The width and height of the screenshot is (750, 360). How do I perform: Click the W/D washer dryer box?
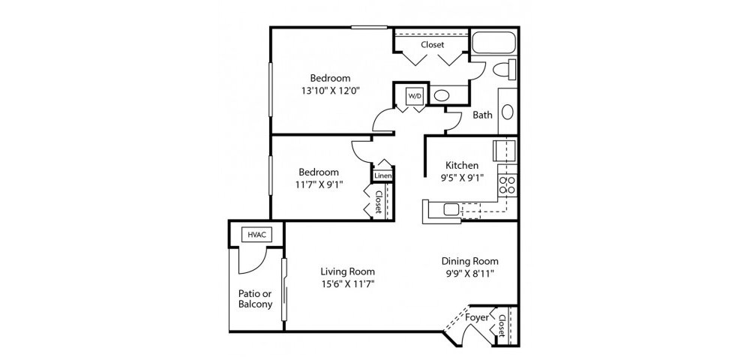pyautogui.click(x=414, y=96)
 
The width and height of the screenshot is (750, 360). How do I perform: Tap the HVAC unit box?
pyautogui.click(x=256, y=235)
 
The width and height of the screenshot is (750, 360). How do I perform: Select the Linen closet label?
pyautogui.click(x=383, y=176)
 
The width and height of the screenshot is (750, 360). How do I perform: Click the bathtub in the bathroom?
pyautogui.click(x=494, y=43)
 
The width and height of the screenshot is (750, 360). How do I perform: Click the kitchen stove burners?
pyautogui.click(x=506, y=185)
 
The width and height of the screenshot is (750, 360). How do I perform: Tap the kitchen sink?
pyautogui.click(x=451, y=209)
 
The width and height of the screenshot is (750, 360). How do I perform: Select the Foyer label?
pyautogui.click(x=477, y=317)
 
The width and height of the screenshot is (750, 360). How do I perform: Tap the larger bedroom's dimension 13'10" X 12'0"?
pyautogui.click(x=330, y=90)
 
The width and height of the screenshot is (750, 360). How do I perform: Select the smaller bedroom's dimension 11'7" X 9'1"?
pyautogui.click(x=319, y=184)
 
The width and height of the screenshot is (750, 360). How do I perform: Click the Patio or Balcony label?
pyautogui.click(x=256, y=298)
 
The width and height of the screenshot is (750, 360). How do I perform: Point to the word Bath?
pyautogui.click(x=482, y=115)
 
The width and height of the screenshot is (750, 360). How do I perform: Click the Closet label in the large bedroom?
pyautogui.click(x=433, y=45)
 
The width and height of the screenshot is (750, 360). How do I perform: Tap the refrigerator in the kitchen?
pyautogui.click(x=505, y=150)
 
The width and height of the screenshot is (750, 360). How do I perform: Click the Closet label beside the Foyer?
pyautogui.click(x=502, y=326)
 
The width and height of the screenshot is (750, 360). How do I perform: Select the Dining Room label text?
pyautogui.click(x=469, y=261)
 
